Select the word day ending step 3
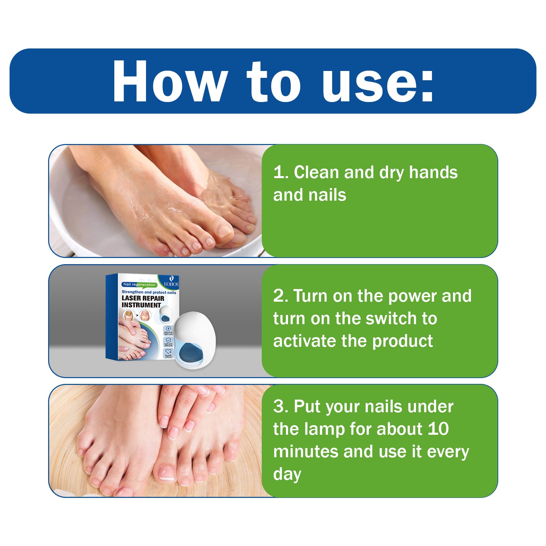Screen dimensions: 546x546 point(287,474)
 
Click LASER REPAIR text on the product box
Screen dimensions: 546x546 point(143,298)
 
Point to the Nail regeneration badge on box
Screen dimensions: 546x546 point(139,284)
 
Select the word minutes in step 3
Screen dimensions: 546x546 point(306,451)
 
